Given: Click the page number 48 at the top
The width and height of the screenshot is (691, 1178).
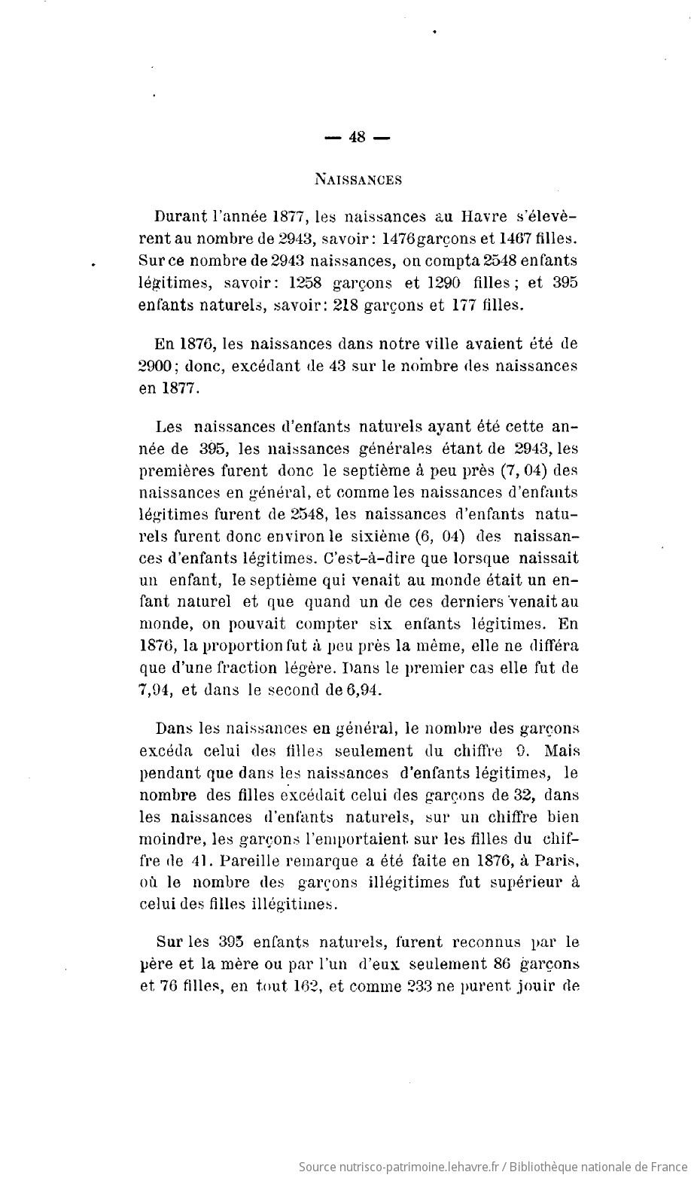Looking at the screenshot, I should (x=358, y=138).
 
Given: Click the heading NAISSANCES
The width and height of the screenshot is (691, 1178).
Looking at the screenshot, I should (x=358, y=180).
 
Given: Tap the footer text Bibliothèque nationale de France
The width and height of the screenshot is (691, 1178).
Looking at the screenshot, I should (x=594, y=1166).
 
